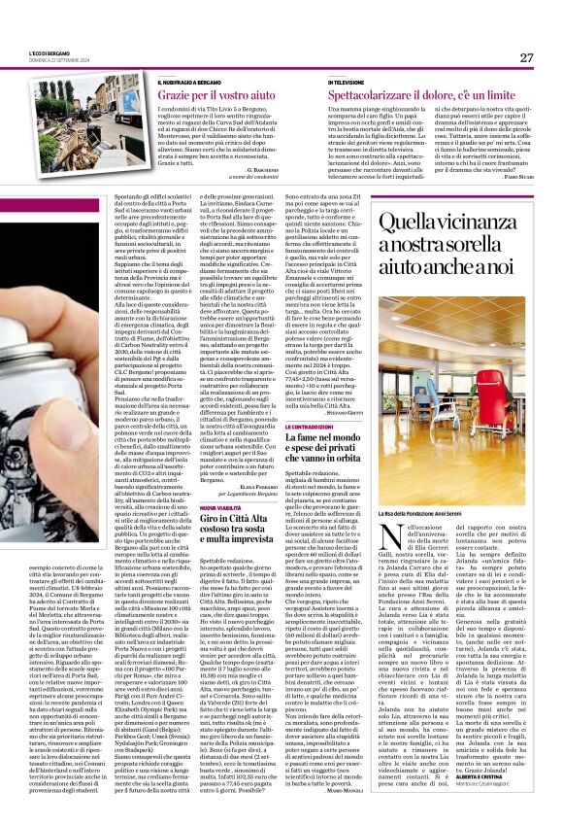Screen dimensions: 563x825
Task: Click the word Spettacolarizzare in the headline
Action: coord(378,98)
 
